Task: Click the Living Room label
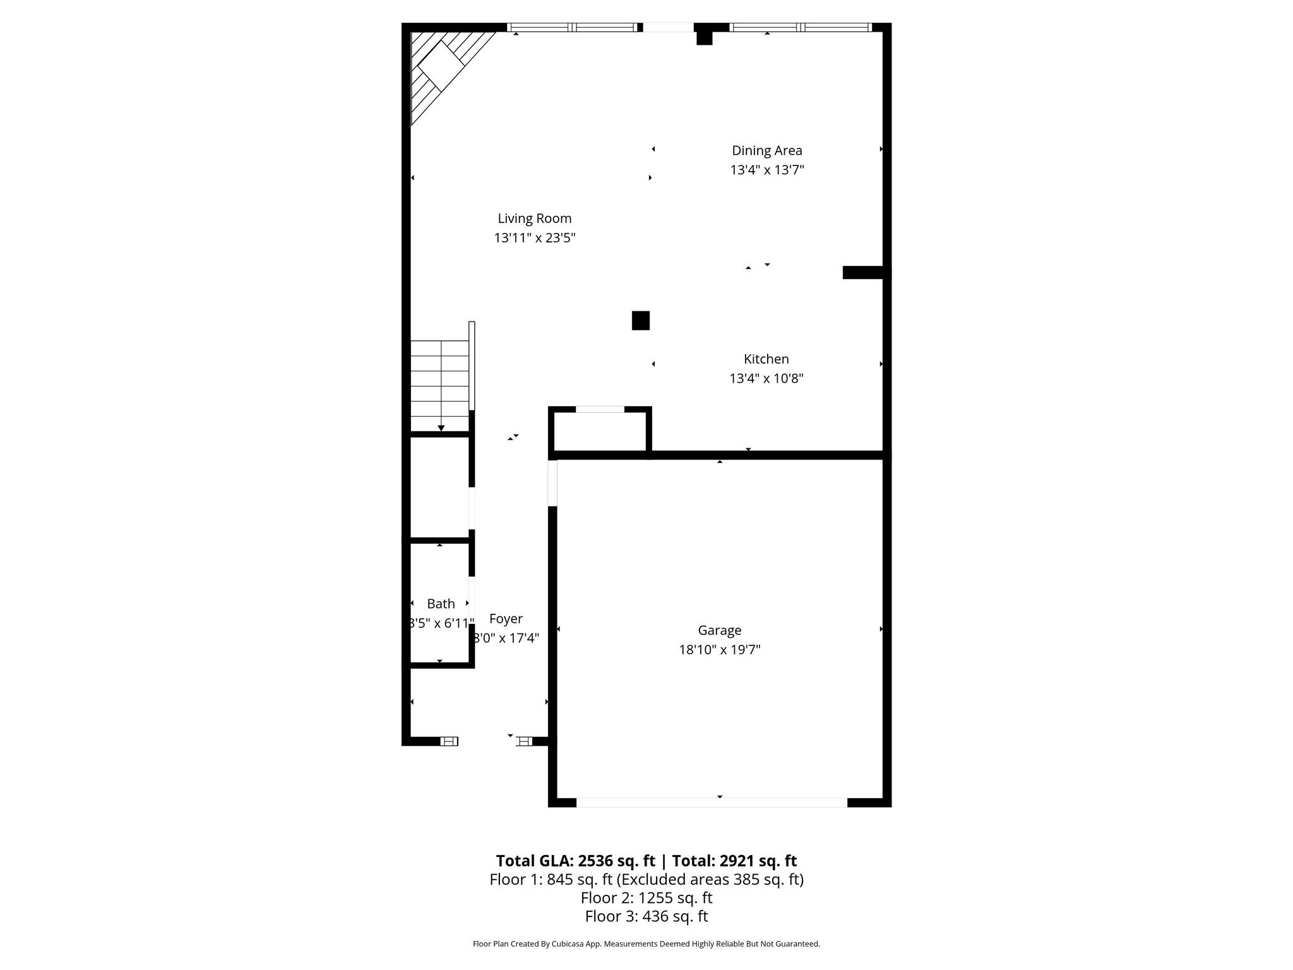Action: click(534, 219)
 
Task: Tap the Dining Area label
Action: click(766, 150)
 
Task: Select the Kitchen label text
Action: click(766, 359)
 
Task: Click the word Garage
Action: click(719, 630)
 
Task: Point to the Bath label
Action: click(441, 604)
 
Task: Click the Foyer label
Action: click(506, 619)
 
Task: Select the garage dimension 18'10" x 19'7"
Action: click(719, 650)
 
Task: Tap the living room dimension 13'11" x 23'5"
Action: click(534, 238)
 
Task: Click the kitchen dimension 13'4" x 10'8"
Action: click(766, 378)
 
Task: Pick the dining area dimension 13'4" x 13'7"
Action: click(766, 170)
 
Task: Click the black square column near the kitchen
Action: click(640, 320)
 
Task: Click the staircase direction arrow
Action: click(441, 427)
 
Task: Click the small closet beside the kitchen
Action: click(600, 433)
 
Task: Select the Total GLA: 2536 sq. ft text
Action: click(575, 861)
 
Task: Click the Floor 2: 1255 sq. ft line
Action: click(646, 897)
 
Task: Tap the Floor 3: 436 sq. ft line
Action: click(646, 916)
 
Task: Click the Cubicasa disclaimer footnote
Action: click(646, 944)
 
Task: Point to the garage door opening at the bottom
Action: click(712, 802)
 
